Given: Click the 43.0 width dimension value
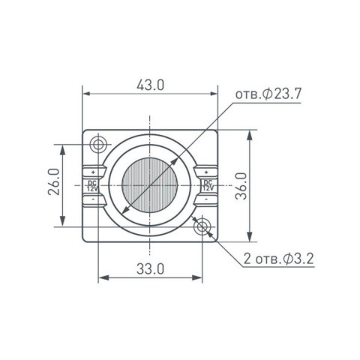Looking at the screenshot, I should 150,85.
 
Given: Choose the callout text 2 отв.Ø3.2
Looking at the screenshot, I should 279,259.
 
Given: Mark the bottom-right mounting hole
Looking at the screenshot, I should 201,226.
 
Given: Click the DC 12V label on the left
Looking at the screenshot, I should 92,185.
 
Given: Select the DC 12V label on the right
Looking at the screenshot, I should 207,185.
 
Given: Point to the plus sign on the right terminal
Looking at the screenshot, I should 207,172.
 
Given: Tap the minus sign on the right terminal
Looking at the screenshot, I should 207,199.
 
